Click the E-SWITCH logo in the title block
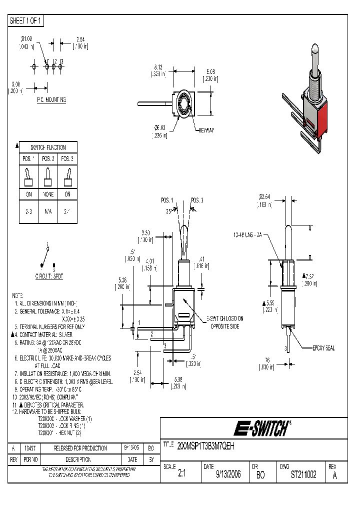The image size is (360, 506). tap(260, 428)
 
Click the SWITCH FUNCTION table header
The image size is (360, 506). tap(47, 147)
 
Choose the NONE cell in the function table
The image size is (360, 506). tap(47, 194)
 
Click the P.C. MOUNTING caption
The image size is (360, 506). tap(51, 100)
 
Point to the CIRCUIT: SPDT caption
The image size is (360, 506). tap(47, 276)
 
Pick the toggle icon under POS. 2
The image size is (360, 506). tap(47, 176)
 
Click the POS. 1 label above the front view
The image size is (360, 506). tap(168, 200)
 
